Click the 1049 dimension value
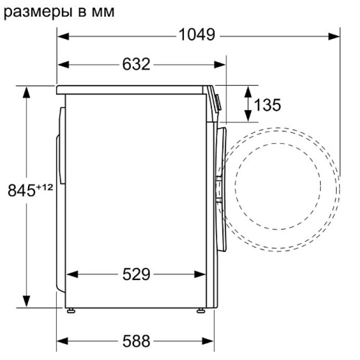(x=197, y=34)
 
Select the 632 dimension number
(x=136, y=64)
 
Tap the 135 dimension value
(x=267, y=105)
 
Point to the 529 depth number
(x=136, y=274)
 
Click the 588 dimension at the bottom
(x=136, y=341)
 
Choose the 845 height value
(x=21, y=190)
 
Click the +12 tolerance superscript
(x=44, y=187)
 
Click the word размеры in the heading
(x=38, y=12)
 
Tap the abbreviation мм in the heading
(x=103, y=12)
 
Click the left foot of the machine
(x=70, y=310)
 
